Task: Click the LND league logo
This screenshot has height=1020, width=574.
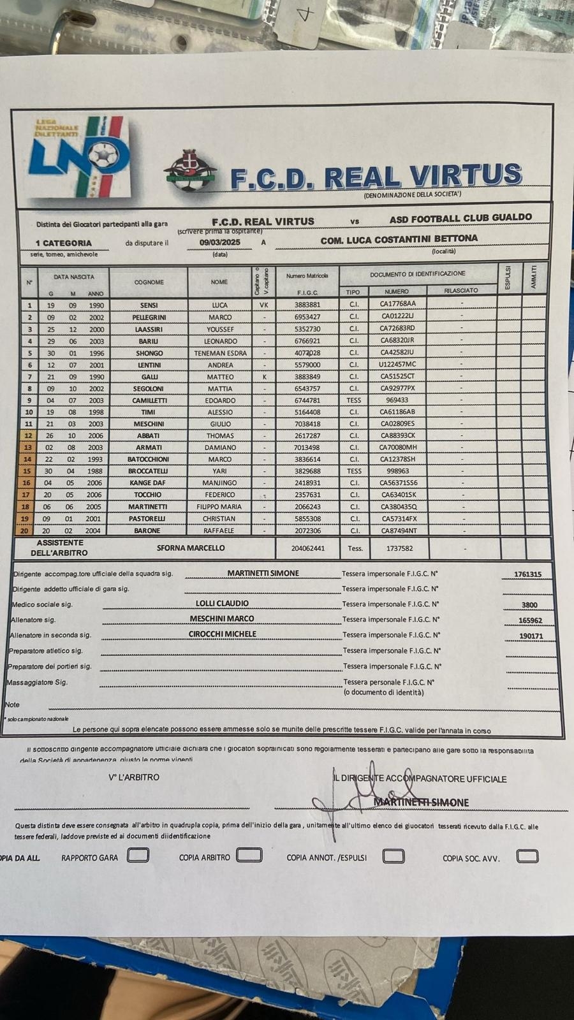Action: click(x=79, y=156)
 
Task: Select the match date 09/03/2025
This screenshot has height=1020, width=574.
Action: click(x=219, y=242)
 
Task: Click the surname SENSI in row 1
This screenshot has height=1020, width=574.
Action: click(x=149, y=305)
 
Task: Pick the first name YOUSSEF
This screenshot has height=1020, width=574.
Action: click(x=219, y=330)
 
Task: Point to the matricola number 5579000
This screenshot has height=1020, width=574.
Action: click(x=307, y=365)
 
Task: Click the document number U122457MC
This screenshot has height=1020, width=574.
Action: click(x=397, y=365)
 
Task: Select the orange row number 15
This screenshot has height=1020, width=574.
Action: click(x=27, y=471)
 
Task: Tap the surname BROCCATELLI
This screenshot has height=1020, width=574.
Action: click(x=148, y=471)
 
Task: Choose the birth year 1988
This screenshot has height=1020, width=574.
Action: click(x=96, y=471)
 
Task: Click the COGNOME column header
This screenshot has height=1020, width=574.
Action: click(x=149, y=282)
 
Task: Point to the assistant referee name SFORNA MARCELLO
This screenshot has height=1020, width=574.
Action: click(x=191, y=548)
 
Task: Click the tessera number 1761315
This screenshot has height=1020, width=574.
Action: click(x=527, y=574)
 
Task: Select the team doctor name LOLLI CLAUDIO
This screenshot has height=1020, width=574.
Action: click(x=222, y=603)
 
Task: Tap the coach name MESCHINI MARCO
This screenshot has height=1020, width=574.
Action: click(x=222, y=618)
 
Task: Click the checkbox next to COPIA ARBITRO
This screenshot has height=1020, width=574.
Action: click(x=249, y=855)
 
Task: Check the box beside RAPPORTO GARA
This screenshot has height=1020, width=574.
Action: click(x=138, y=855)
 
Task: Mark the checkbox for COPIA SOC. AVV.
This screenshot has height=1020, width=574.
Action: click(x=527, y=856)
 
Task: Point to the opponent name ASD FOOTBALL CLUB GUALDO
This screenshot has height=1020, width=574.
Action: click(x=460, y=218)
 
